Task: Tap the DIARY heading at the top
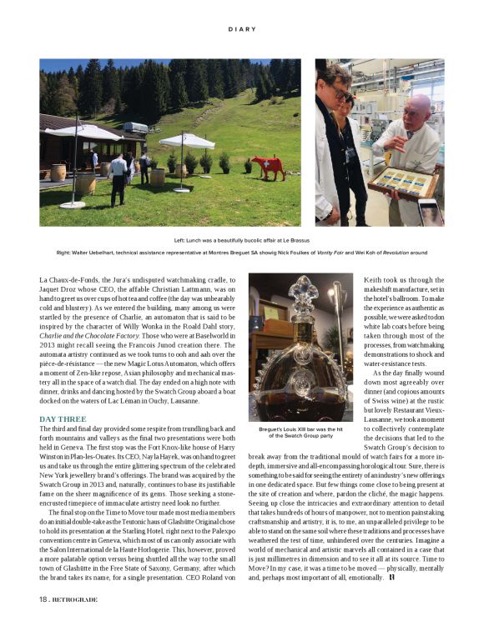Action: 241,29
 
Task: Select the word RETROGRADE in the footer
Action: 76,598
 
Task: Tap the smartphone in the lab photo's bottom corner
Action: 429,212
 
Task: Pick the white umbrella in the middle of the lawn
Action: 185,141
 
